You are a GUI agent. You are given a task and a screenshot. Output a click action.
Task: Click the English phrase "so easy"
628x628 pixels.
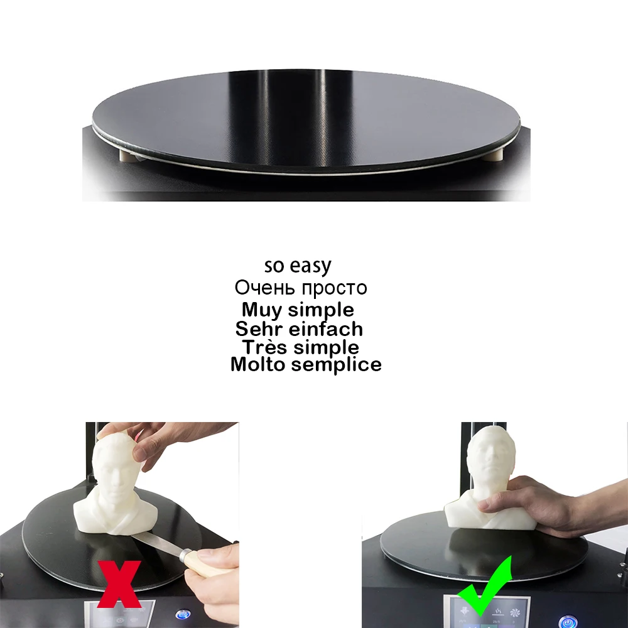tap(297, 266)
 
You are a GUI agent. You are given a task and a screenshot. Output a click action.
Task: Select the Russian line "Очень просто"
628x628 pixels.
tap(301, 288)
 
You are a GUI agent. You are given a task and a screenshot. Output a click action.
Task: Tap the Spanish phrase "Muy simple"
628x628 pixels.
tap(298, 310)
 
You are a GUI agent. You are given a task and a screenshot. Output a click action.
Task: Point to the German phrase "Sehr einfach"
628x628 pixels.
tap(299, 328)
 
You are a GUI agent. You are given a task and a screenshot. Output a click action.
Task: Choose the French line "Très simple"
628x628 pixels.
tap(301, 347)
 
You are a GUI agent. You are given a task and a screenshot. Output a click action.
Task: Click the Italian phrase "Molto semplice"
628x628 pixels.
tap(306, 364)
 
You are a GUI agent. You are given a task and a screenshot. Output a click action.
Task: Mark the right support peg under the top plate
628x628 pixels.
tap(495, 153)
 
